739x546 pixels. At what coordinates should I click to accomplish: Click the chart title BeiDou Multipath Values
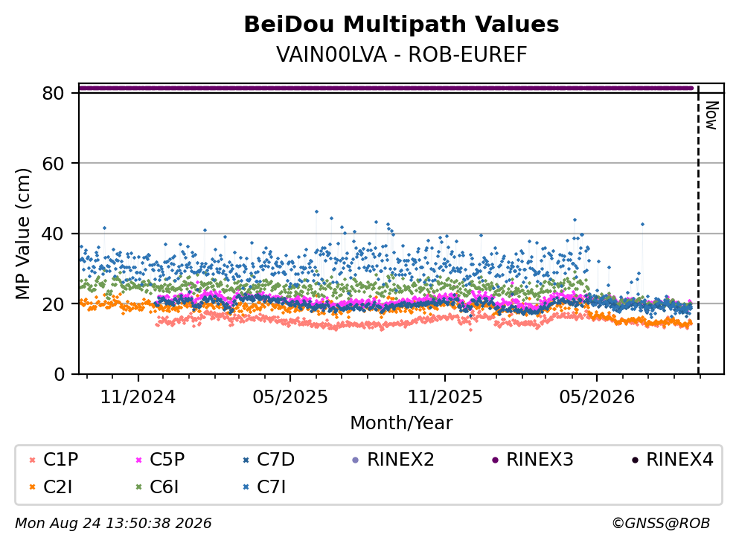click(x=401, y=25)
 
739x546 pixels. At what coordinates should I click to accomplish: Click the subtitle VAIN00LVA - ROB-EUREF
click(x=401, y=54)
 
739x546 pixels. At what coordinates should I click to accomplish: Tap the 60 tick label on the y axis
click(x=54, y=164)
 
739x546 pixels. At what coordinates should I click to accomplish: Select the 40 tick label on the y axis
click(x=54, y=234)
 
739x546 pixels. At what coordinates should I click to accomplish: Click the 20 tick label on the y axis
click(x=54, y=303)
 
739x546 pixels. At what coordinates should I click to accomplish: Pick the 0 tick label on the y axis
click(x=60, y=374)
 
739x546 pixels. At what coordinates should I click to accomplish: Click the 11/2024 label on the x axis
click(x=138, y=397)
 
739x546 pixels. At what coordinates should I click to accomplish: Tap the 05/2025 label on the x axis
click(x=289, y=397)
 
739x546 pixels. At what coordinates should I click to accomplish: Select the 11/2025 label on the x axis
click(x=445, y=397)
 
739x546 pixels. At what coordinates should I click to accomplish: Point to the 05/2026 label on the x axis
click(x=597, y=397)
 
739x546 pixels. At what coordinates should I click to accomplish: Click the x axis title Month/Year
click(x=401, y=423)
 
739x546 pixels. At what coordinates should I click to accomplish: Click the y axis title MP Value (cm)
click(x=22, y=234)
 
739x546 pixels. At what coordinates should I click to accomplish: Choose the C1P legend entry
click(x=54, y=459)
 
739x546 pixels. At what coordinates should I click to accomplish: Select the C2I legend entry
click(x=51, y=487)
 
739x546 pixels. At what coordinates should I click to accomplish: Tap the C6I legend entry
click(x=158, y=487)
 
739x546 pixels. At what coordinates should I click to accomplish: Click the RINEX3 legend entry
click(x=533, y=459)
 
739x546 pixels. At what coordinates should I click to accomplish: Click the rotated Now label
click(x=711, y=115)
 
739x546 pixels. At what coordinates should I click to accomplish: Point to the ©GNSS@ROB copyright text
click(x=661, y=524)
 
